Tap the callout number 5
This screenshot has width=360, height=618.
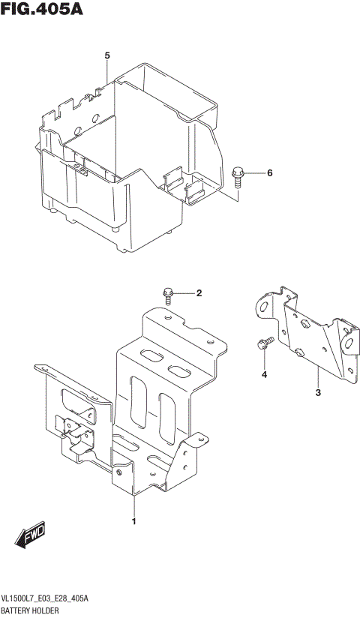pos(107,56)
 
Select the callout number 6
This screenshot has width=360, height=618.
pos(269,173)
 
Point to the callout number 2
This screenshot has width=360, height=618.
pos(199,293)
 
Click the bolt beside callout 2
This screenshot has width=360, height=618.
pos(169,293)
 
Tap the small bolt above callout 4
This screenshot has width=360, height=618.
pos(262,345)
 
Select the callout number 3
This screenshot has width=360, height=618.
pos(317,392)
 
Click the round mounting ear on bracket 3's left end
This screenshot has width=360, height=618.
pos(263,307)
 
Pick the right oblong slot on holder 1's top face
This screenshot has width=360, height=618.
pos(180,370)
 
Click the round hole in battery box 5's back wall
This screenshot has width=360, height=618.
pos(95,118)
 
